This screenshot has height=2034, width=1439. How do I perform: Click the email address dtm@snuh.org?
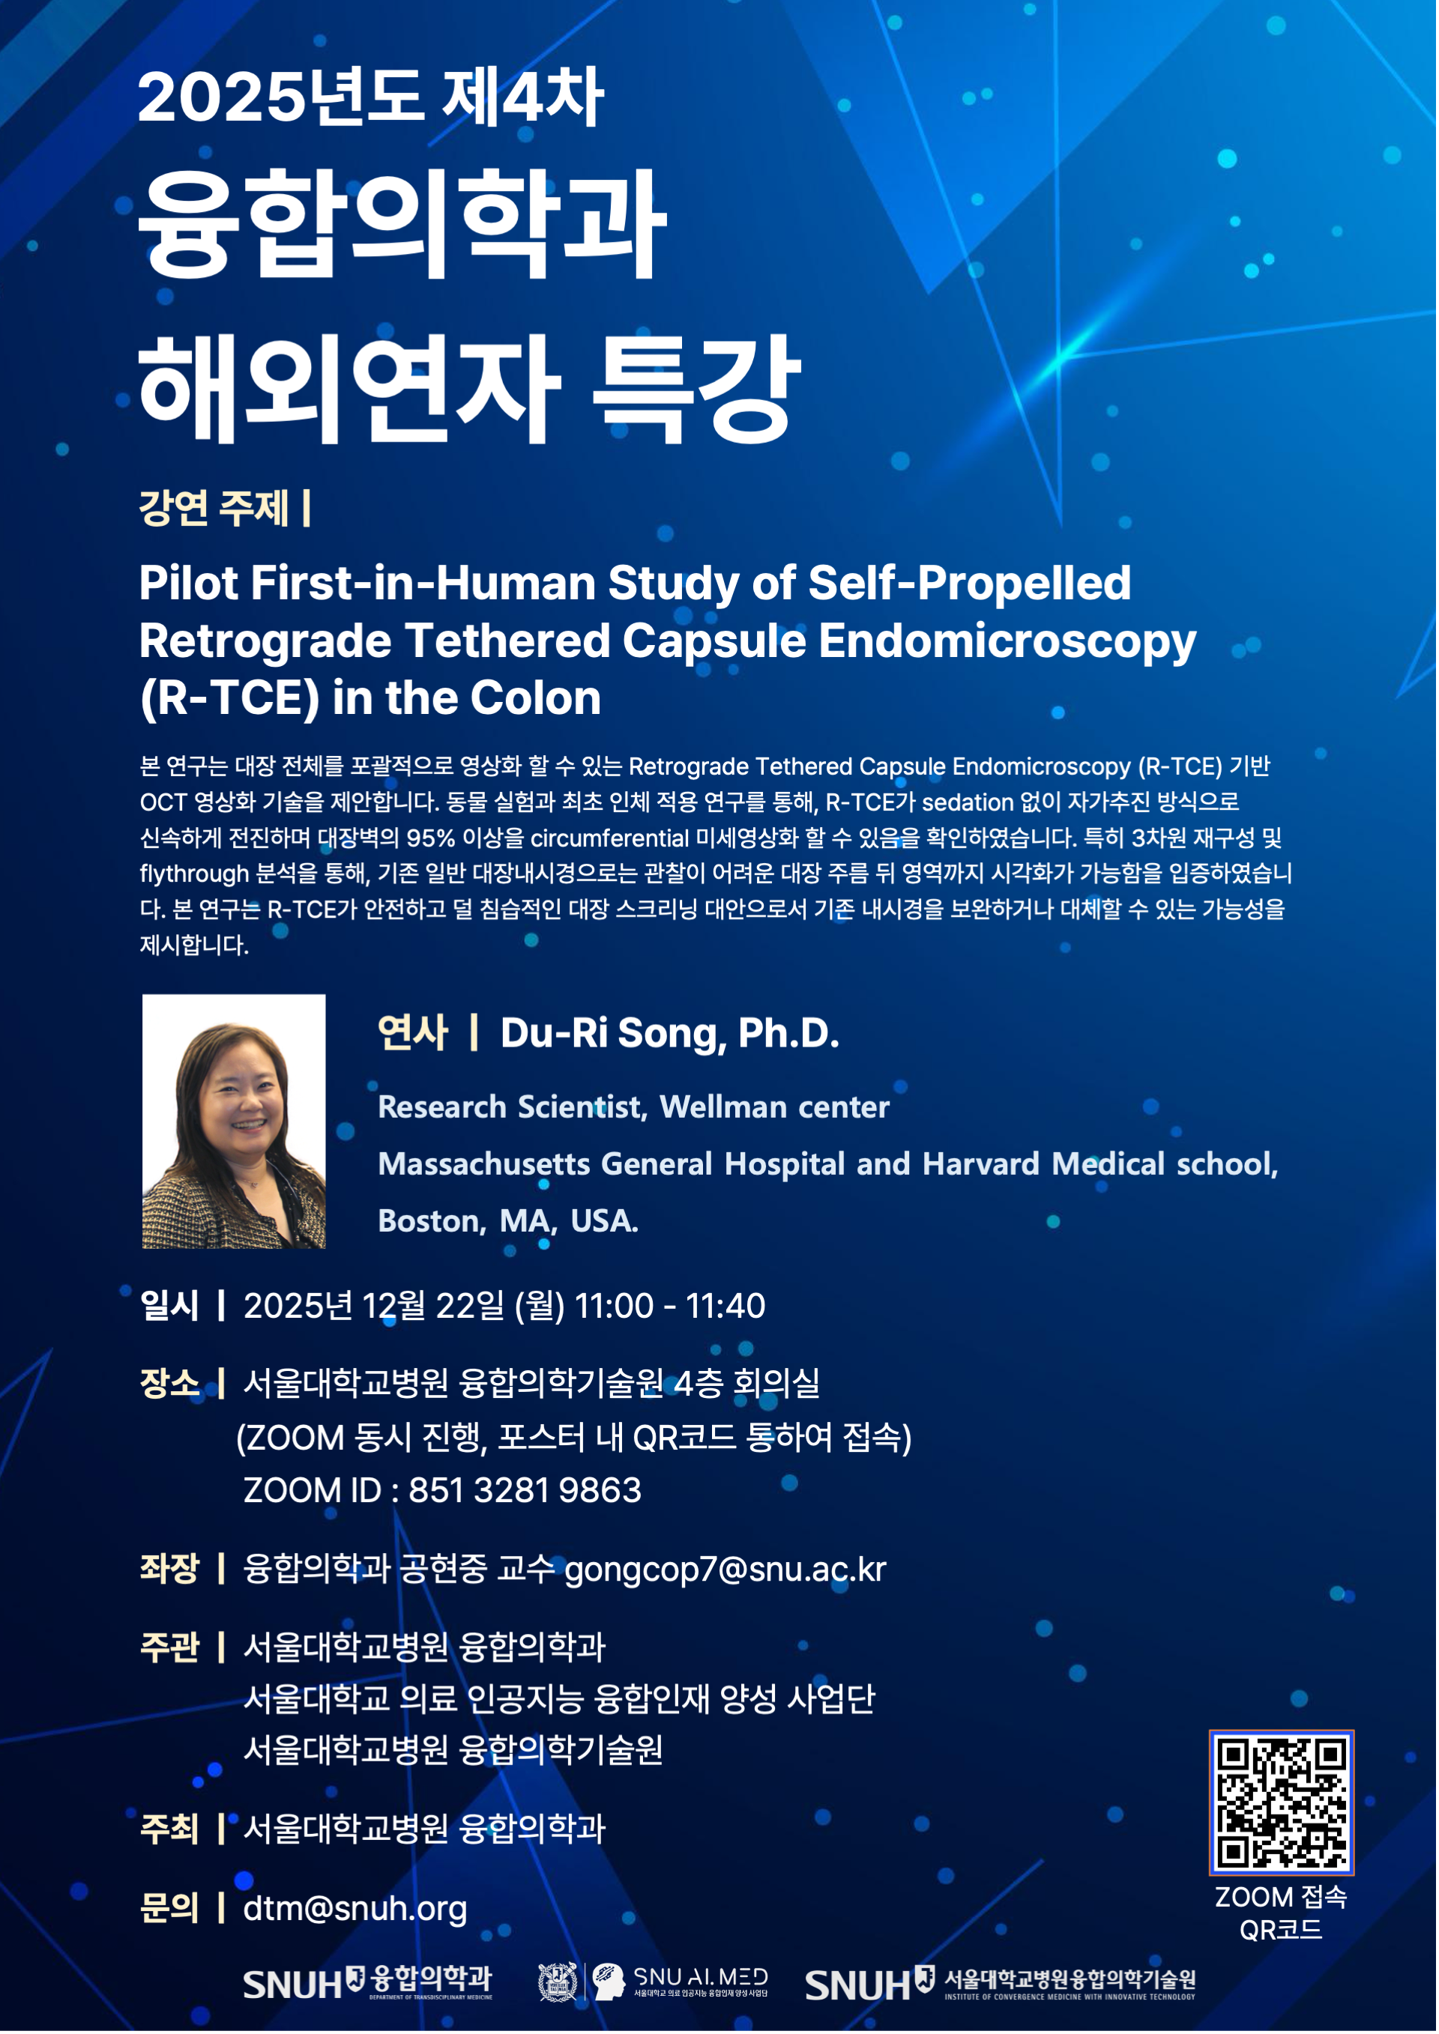click(355, 1908)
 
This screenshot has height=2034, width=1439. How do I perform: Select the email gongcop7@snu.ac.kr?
click(725, 1569)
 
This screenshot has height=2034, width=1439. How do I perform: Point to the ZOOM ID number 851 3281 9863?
click(525, 1490)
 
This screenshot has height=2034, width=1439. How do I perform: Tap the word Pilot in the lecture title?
click(189, 584)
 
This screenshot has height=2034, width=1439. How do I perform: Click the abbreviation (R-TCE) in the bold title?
click(229, 698)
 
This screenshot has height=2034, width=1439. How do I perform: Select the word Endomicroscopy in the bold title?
click(1007, 641)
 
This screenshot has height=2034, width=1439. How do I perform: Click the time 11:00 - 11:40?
click(670, 1306)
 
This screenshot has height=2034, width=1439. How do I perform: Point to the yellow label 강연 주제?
click(214, 509)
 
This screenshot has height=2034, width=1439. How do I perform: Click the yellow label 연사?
click(413, 1033)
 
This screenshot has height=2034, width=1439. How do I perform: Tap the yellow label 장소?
click(170, 1383)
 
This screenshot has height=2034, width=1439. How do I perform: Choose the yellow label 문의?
click(170, 1907)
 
